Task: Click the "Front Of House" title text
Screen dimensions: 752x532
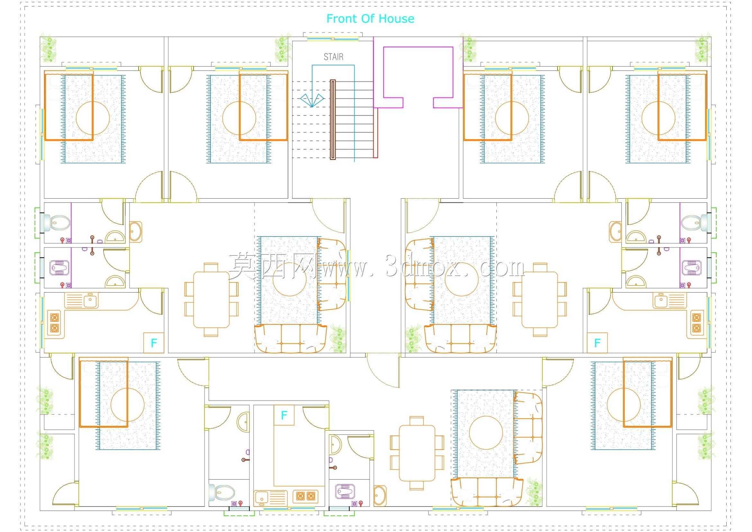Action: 370,19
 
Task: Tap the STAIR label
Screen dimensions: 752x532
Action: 333,57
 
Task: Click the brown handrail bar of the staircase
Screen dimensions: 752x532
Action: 333,120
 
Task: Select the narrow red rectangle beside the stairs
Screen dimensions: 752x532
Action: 376,133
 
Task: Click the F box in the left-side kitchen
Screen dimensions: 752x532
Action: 154,343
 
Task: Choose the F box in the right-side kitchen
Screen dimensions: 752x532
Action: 597,343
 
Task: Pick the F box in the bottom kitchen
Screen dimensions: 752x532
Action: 284,415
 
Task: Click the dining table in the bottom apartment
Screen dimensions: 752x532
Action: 417,453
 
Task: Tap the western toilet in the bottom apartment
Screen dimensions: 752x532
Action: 222,492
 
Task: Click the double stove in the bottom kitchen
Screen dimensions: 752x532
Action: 305,496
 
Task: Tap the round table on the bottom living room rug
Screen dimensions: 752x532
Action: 486,433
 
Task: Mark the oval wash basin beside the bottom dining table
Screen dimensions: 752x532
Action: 380,496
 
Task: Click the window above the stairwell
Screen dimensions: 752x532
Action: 333,39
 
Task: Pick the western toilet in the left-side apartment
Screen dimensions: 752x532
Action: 56,223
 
